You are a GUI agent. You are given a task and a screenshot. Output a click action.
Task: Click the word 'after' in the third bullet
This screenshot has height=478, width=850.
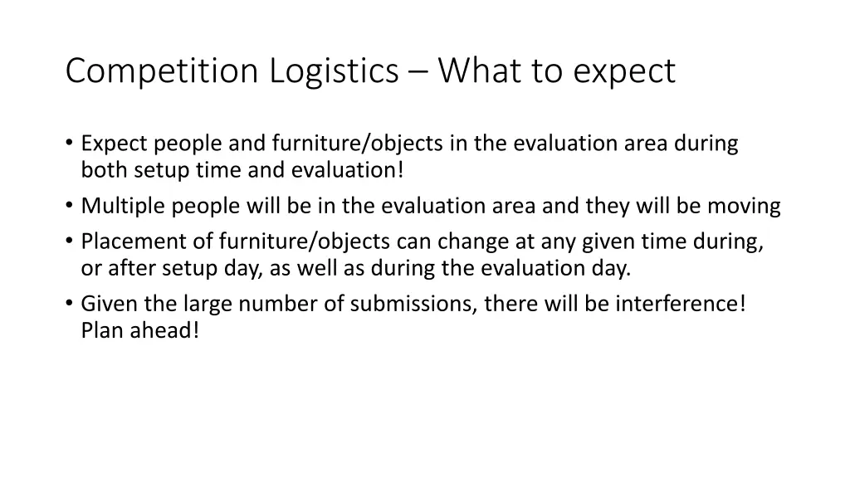pyautogui.click(x=129, y=269)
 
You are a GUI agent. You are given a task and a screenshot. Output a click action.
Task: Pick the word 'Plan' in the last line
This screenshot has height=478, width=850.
pyautogui.click(x=100, y=331)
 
